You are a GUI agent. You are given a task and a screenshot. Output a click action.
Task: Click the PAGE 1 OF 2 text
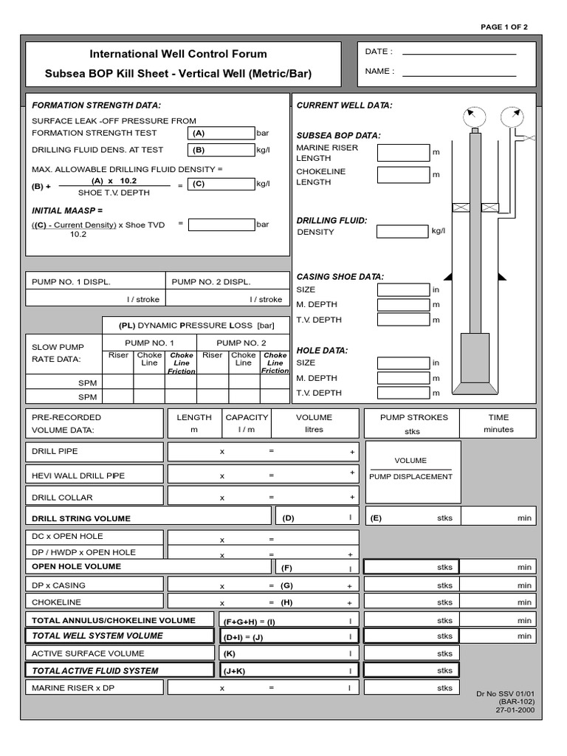click(504, 27)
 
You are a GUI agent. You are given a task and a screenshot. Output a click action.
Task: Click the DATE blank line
click(458, 53)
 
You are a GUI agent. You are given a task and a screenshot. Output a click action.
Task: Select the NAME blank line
click(458, 74)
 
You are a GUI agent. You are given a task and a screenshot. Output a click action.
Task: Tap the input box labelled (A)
click(221, 134)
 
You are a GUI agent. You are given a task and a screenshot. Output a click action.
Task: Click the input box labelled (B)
click(221, 151)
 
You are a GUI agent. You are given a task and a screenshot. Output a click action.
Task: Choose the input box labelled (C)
click(221, 185)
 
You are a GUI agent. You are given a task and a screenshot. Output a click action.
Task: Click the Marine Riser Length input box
click(402, 153)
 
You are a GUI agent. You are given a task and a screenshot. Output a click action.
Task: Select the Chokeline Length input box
click(402, 176)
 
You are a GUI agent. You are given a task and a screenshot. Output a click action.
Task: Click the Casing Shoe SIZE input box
click(402, 290)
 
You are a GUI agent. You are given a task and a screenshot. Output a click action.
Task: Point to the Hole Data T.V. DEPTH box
click(402, 393)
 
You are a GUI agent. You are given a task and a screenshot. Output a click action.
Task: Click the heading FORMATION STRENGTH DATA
click(96, 106)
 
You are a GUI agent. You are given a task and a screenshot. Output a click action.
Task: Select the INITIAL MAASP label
click(63, 210)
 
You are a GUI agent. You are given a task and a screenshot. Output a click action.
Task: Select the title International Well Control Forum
click(179, 54)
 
